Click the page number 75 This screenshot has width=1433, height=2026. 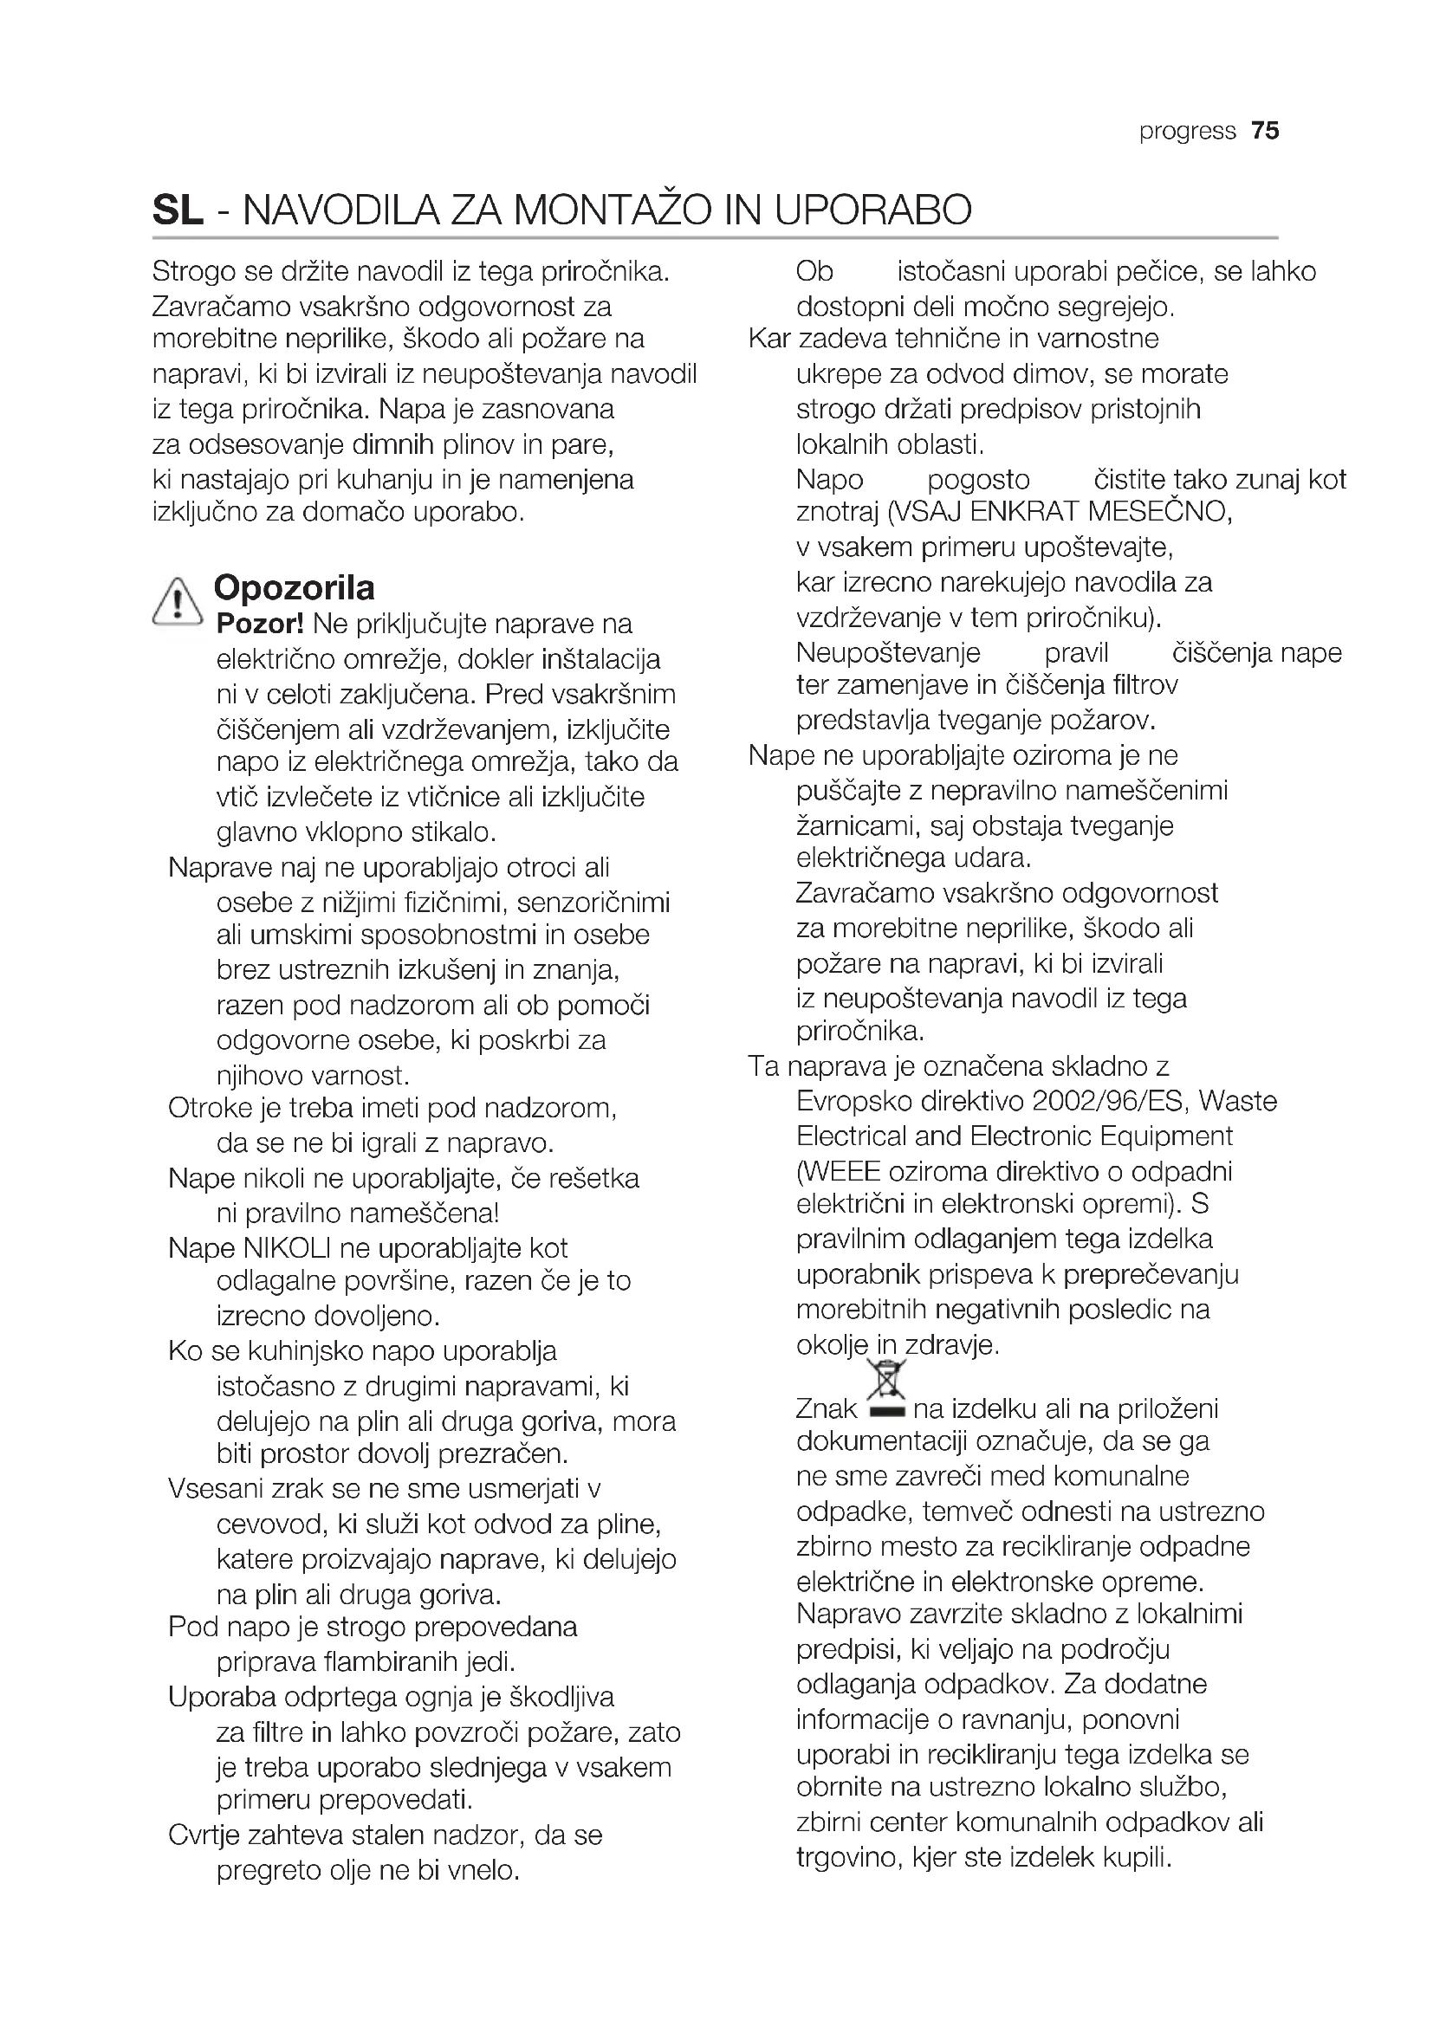pyautogui.click(x=1264, y=131)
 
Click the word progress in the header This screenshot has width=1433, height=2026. pyautogui.click(x=1187, y=132)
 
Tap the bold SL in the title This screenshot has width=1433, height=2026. pyautogui.click(x=178, y=210)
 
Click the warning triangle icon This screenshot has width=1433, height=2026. pyautogui.click(x=178, y=602)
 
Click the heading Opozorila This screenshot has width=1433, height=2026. pyautogui.click(x=294, y=587)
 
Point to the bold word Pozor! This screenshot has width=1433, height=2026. pyautogui.click(x=259, y=624)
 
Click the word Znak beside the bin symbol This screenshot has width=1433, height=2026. pyautogui.click(x=826, y=1409)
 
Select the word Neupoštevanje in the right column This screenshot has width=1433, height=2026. pyautogui.click(x=888, y=653)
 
